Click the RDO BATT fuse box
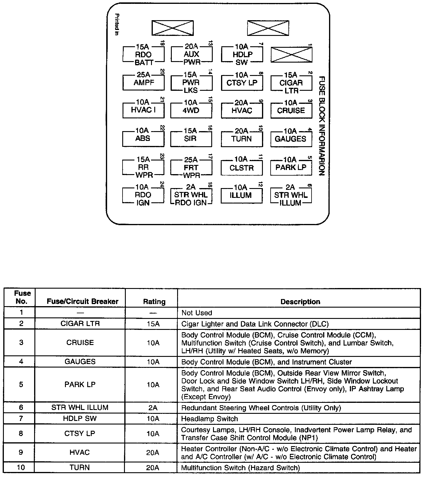tap(143, 55)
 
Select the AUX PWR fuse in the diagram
tap(191, 54)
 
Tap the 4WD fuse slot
tap(191, 110)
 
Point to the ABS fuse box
tap(143, 139)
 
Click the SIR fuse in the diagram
tap(191, 139)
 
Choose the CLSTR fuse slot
tap(242, 168)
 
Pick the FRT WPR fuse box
tap(191, 168)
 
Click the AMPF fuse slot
tap(144, 82)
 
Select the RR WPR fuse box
tap(143, 168)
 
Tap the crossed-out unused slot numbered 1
tap(291, 55)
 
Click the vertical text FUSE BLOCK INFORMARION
tap(322, 126)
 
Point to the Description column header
tap(300, 302)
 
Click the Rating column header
tap(154, 302)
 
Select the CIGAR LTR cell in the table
tap(80, 324)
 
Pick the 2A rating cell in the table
tap(153, 408)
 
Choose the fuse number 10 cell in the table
tap(21, 468)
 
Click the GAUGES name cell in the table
tap(80, 362)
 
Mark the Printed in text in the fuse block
tap(117, 25)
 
